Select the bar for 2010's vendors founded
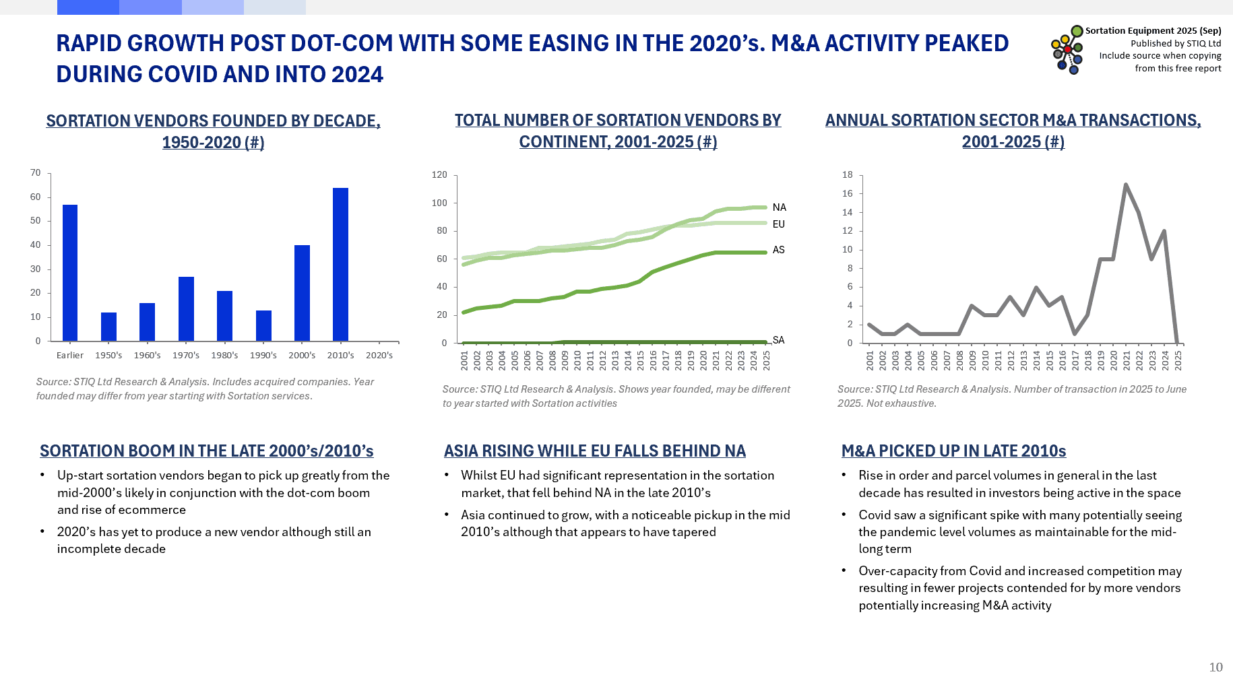[340, 264]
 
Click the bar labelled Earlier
[70, 273]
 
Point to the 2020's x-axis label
[379, 356]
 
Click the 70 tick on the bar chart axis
[36, 173]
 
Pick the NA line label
[780, 207]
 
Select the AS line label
[779, 250]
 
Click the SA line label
[779, 340]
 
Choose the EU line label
[779, 224]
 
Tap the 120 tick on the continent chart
[439, 175]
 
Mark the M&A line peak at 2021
[1126, 185]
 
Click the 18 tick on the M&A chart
[848, 175]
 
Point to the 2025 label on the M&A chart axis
[1178, 360]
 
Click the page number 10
[1215, 667]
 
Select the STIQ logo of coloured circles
[1067, 49]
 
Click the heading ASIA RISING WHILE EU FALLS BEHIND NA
[594, 451]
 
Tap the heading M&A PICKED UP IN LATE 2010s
[953, 451]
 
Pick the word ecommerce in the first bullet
[152, 510]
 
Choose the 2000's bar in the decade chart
[302, 293]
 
